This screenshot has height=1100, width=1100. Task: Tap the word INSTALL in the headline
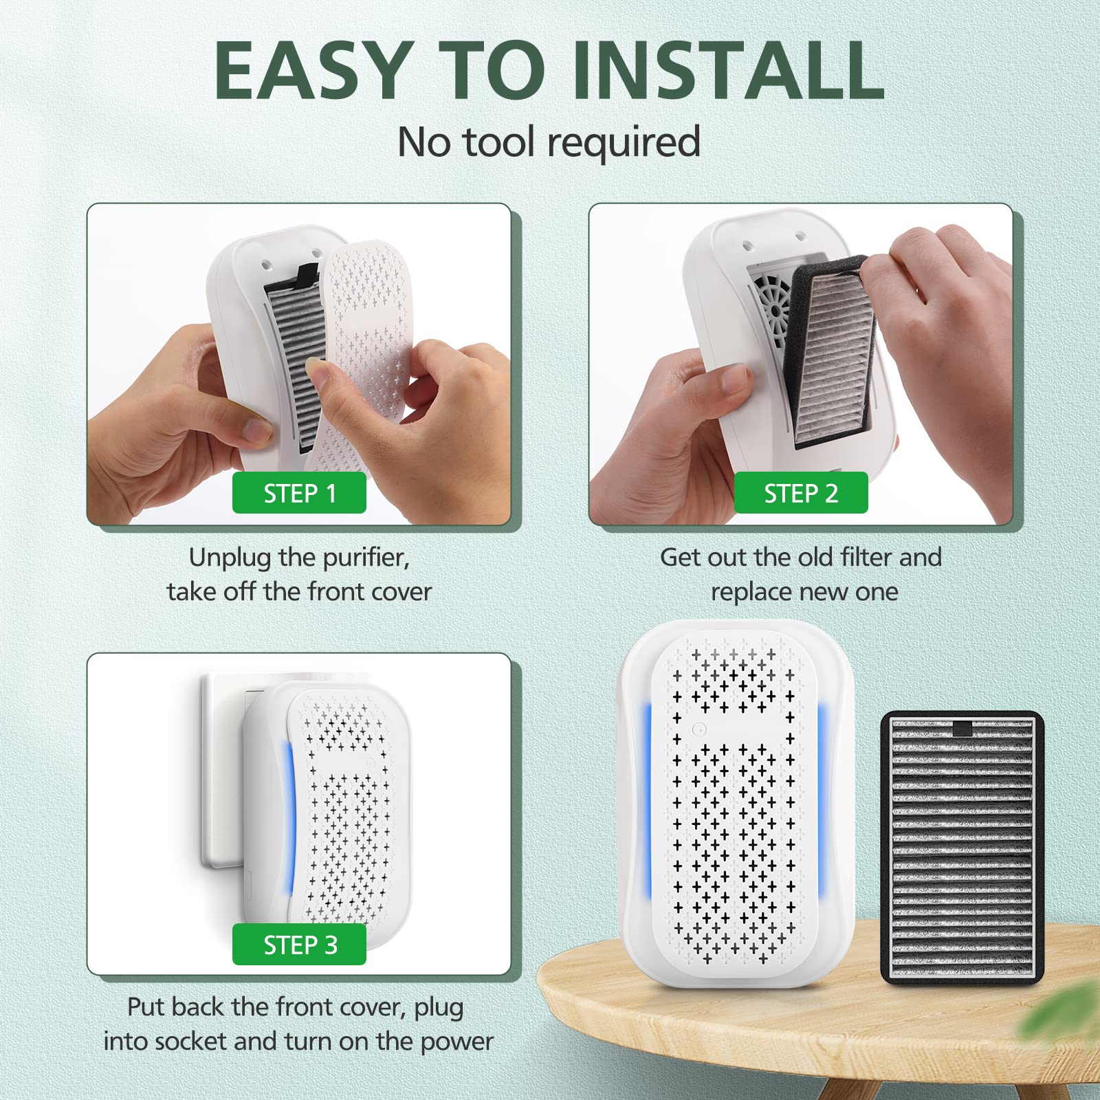[728, 71]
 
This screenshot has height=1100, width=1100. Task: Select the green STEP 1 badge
[299, 493]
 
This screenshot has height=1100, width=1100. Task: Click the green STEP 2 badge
[801, 493]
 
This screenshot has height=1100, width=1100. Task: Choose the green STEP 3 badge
[299, 945]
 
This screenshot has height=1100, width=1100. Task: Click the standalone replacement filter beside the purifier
[962, 847]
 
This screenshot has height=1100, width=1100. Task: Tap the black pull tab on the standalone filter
[962, 729]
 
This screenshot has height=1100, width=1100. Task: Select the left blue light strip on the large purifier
[647, 797]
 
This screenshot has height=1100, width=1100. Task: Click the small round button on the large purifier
[698, 729]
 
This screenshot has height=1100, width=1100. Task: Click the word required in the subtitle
[624, 142]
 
